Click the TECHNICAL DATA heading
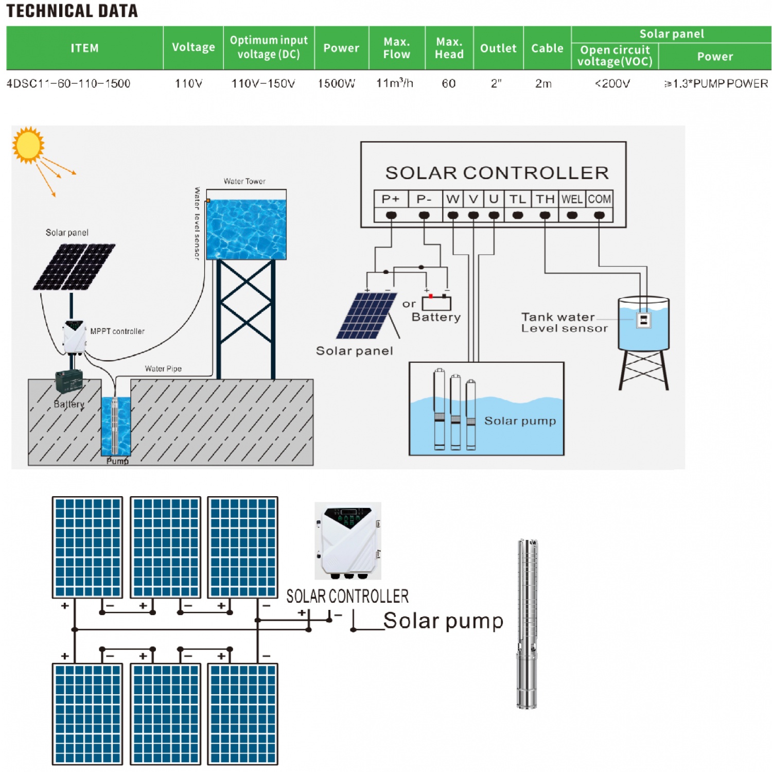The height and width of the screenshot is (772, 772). click(72, 11)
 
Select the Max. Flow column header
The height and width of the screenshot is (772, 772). click(396, 48)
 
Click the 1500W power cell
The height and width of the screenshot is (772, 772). click(336, 83)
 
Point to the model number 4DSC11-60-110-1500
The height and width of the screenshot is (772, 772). click(68, 83)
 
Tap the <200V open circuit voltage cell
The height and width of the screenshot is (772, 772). click(612, 83)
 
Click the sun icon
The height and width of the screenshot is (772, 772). click(28, 145)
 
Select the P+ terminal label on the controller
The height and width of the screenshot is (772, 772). click(391, 199)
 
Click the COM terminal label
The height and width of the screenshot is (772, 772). click(599, 199)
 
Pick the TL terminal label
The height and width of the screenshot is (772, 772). click(517, 199)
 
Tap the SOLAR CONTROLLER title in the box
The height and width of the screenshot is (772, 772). click(497, 173)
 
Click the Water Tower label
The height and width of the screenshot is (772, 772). click(244, 181)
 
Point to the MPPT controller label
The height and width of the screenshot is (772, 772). click(117, 331)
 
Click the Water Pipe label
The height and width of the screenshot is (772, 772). click(163, 369)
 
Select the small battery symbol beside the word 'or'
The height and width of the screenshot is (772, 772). click(436, 303)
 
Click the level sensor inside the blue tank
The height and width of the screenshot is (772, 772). click(643, 320)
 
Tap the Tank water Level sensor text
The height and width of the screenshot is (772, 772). click(564, 323)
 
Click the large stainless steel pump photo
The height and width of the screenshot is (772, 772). click(527, 624)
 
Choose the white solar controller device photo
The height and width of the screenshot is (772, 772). click(348, 541)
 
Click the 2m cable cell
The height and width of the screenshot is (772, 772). click(543, 83)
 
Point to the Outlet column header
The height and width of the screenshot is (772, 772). click(498, 48)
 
